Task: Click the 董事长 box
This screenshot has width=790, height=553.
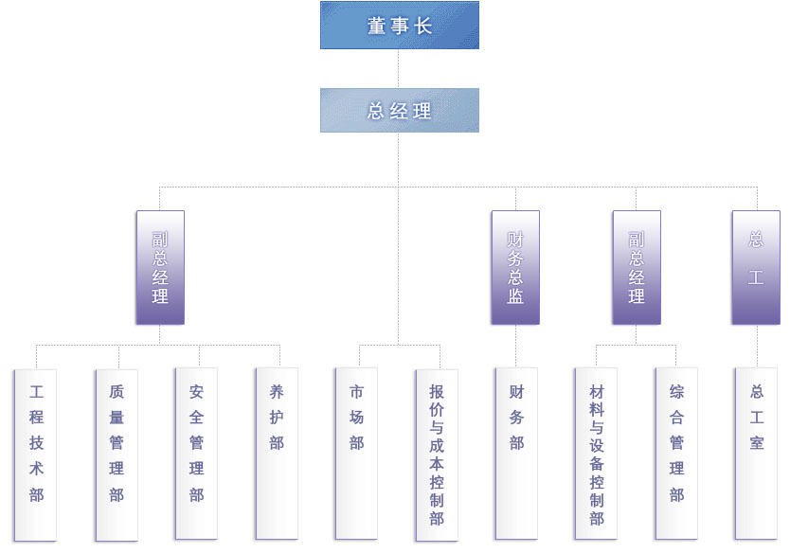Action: point(399,26)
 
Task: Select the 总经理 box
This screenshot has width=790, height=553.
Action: point(399,111)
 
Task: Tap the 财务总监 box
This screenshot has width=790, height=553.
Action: point(515,267)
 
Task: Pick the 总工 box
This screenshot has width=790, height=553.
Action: point(756,267)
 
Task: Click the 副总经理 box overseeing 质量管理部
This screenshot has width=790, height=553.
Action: point(160,267)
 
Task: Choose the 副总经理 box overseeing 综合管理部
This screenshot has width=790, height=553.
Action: point(636,267)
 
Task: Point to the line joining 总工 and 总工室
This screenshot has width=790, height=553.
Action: point(757,347)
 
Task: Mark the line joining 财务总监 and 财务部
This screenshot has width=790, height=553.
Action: point(516,347)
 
